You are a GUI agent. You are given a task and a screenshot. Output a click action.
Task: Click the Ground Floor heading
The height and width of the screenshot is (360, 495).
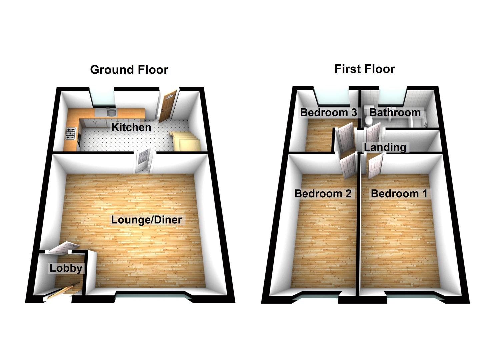point(129,70)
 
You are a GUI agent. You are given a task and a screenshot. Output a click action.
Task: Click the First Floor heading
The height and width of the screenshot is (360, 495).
point(365,69)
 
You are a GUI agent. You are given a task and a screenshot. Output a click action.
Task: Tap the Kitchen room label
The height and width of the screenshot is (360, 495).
point(131,127)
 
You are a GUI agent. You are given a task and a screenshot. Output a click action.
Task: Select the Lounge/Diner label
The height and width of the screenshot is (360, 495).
point(147,220)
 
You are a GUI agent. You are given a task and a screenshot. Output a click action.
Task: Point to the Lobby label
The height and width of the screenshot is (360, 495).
point(66,268)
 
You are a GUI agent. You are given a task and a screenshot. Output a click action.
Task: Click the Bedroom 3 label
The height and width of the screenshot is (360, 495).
point(328,112)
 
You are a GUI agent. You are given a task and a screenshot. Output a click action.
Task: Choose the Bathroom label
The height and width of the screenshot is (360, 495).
point(395,112)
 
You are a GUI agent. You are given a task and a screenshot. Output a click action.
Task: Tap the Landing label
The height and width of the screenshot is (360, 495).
point(385,147)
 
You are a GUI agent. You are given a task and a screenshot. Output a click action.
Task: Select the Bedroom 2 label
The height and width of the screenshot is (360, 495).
point(323,194)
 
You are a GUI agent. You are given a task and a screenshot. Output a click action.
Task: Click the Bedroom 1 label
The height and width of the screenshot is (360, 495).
point(399,194)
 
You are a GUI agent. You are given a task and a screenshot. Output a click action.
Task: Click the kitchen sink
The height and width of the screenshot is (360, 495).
point(112,113)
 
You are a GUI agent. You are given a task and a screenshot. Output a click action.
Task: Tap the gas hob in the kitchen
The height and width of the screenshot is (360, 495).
point(71,134)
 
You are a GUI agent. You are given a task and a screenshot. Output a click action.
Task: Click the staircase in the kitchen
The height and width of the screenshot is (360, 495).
point(185,141)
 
